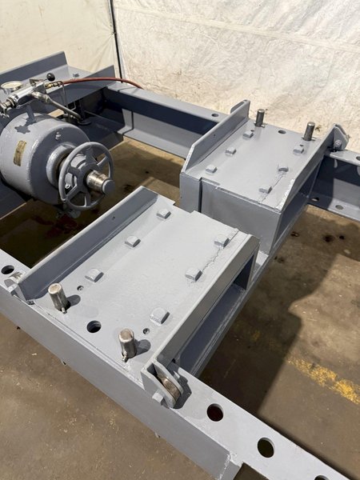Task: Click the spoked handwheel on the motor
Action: click(84, 174)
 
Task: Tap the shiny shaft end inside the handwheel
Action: click(99, 182)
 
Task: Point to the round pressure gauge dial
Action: click(10, 87)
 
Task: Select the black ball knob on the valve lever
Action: click(50, 78)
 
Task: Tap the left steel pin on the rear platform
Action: click(260, 117)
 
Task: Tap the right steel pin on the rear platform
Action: click(309, 130)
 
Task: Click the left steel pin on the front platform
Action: click(58, 297)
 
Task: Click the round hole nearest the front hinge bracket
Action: click(214, 412)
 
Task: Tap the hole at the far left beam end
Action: click(7, 270)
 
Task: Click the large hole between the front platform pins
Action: click(94, 326)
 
